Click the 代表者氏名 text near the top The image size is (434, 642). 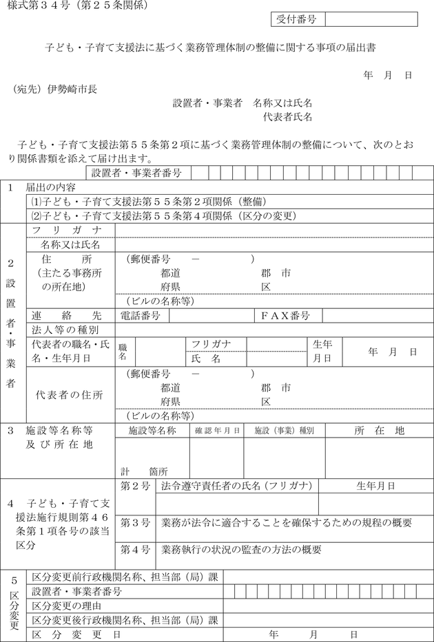click(288, 116)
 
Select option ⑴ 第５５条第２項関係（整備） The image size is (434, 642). click(148, 201)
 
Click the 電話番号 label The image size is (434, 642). click(141, 316)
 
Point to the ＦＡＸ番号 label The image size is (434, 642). click(285, 316)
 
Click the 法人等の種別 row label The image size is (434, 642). click(65, 330)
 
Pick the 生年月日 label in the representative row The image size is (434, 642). click(322, 351)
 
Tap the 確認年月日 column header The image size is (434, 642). click(217, 431)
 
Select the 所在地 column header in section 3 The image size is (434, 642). click(380, 431)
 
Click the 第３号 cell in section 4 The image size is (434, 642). click(135, 523)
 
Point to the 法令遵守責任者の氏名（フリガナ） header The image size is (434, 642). click(237, 486)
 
